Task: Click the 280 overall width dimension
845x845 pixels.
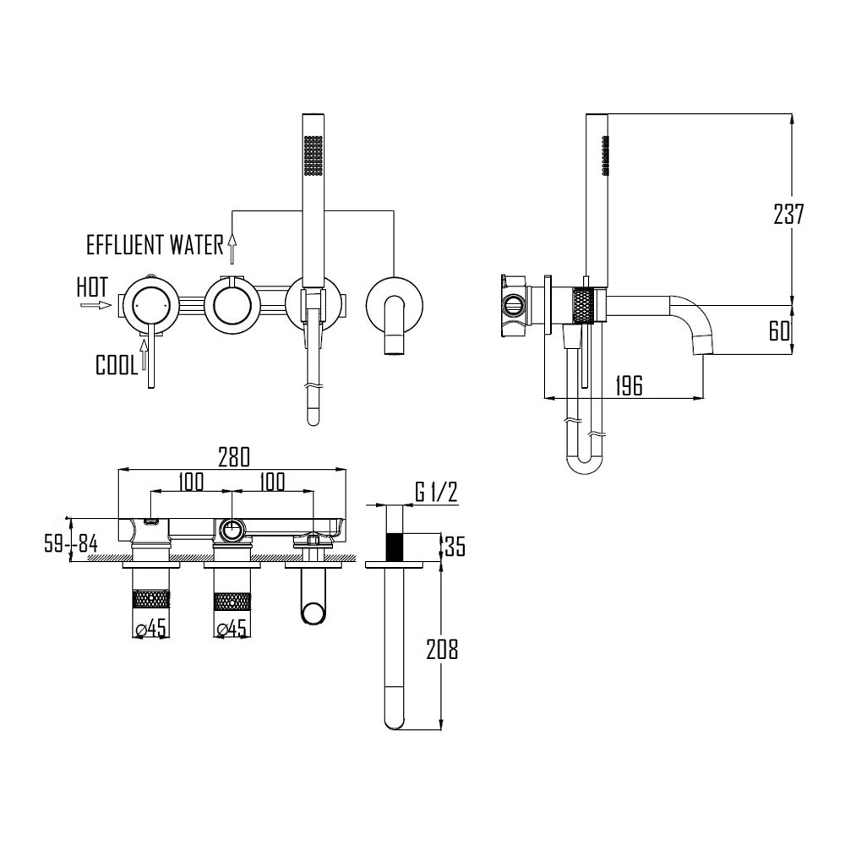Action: (234, 457)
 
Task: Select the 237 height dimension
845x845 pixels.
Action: (788, 215)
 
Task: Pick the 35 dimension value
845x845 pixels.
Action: (455, 547)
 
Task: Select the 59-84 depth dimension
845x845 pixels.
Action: (71, 544)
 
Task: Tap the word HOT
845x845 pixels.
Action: (92, 286)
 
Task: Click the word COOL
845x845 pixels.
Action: (117, 365)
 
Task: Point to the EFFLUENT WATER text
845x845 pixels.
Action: (155, 246)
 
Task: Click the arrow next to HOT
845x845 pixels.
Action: (95, 305)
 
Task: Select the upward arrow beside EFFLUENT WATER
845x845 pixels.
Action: (233, 248)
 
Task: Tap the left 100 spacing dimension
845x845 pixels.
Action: (191, 481)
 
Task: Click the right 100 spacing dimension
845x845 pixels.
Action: (271, 481)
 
